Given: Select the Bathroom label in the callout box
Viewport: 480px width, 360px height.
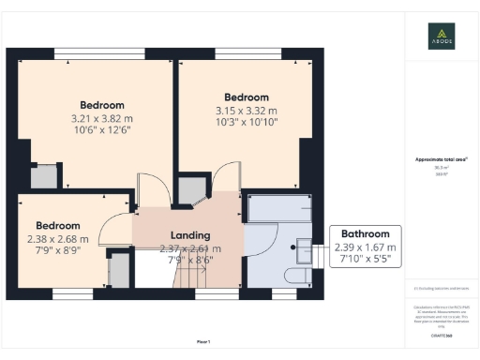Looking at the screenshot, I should click(x=366, y=233).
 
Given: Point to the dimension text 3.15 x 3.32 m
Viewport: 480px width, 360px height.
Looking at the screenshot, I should click(x=247, y=111).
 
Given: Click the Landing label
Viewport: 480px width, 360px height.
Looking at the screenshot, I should click(x=189, y=234).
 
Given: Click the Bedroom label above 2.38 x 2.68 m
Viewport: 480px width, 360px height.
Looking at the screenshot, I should click(x=58, y=225).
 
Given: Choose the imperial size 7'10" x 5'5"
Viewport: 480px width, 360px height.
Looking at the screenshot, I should click(x=366, y=259).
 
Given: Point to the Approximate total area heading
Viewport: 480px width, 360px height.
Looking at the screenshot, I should click(x=442, y=160).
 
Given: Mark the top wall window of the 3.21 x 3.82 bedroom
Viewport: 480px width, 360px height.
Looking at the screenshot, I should click(x=99, y=51).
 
